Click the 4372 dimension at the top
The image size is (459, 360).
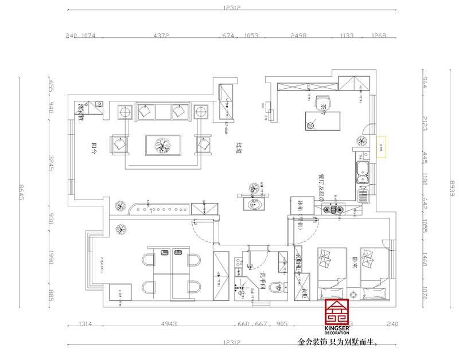point(161,36)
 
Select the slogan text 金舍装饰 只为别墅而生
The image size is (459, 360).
point(339,343)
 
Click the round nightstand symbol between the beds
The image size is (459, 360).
point(353,293)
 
